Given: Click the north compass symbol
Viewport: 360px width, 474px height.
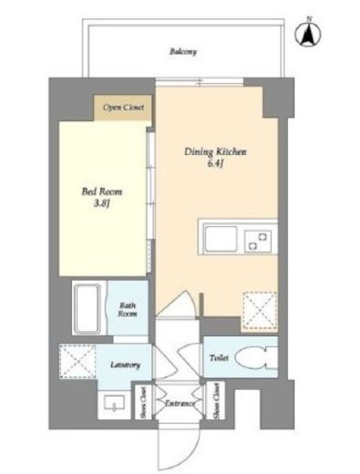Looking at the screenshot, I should (x=308, y=34).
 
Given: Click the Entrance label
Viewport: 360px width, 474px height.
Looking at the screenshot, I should (x=179, y=402).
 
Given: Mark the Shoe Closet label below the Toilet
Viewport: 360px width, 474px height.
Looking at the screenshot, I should (x=216, y=401).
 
